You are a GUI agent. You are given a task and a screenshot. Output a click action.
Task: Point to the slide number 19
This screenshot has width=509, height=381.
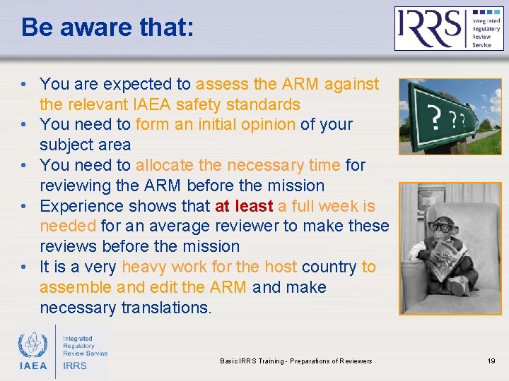click(491, 361)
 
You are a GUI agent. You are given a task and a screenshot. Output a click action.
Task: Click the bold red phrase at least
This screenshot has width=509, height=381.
click(244, 206)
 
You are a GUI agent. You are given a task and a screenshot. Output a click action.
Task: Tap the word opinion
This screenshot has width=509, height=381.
click(269, 124)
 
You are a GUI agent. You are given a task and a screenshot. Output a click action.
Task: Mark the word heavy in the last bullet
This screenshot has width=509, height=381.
click(140, 267)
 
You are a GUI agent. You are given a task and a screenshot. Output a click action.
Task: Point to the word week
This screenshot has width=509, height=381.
click(339, 206)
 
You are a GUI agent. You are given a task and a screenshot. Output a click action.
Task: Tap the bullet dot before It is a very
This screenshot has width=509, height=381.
click(24, 267)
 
